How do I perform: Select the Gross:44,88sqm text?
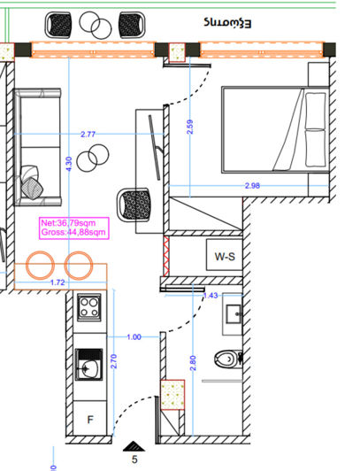point(73,233)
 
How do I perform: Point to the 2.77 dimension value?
point(88,135)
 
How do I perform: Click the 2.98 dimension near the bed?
point(253,186)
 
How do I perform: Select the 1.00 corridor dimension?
point(134,336)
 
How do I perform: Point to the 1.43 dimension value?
point(211,296)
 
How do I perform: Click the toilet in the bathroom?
point(229,359)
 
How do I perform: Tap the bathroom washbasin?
point(234,314)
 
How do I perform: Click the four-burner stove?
point(89,307)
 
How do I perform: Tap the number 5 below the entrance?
point(134,459)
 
